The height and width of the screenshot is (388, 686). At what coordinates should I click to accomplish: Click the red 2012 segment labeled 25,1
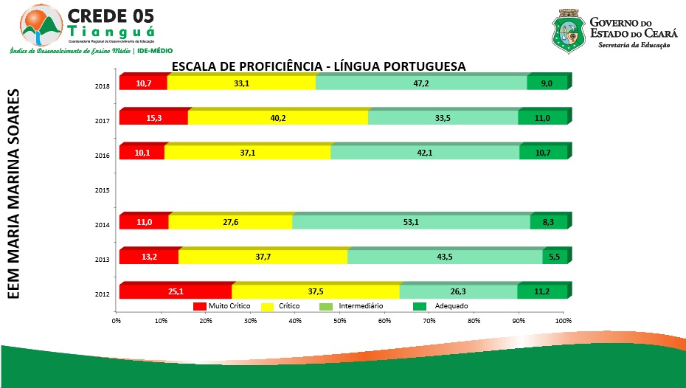[176, 291]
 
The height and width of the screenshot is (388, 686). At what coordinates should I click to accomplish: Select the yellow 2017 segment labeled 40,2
[278, 118]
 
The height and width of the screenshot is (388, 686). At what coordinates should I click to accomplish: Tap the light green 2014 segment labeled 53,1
[411, 222]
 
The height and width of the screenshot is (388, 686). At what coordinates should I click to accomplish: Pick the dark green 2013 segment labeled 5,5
[555, 257]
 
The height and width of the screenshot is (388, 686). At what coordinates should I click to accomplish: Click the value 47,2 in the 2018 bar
[421, 83]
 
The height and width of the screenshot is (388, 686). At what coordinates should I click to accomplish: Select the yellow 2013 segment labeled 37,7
[263, 257]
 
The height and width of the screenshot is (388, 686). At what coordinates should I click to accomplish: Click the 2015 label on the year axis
[103, 190]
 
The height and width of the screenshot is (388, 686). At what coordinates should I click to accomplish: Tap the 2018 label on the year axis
[103, 86]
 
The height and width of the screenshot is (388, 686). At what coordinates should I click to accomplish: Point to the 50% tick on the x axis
[340, 321]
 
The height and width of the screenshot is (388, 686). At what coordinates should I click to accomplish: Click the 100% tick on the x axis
[564, 321]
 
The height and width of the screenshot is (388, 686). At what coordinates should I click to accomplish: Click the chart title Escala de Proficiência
[319, 66]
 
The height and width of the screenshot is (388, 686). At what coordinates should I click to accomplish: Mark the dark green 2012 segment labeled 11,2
[542, 291]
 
